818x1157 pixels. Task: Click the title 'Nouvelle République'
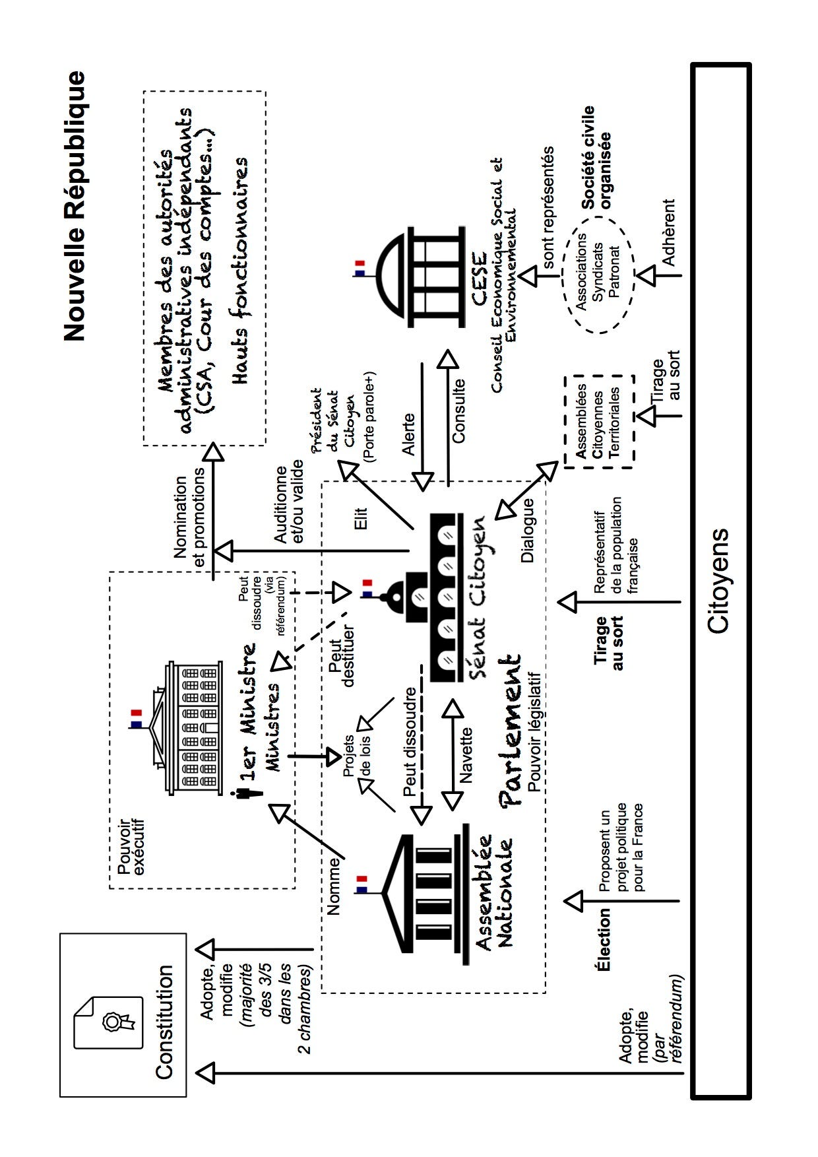(x=75, y=206)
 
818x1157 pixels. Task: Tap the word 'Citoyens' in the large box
(x=718, y=581)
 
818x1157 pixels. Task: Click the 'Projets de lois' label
(x=357, y=755)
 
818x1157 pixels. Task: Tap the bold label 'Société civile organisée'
(x=597, y=158)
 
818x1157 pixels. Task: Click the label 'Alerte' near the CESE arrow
(x=408, y=434)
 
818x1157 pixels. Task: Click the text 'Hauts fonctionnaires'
(x=239, y=271)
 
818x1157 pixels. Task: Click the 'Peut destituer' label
(x=341, y=655)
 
